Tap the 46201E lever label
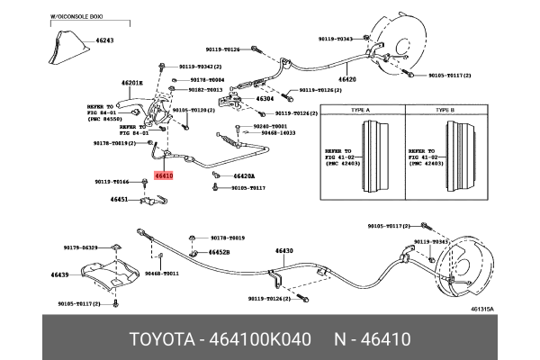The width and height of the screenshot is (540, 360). (131, 83)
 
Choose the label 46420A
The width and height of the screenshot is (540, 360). (244, 176)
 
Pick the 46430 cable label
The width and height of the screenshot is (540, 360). (283, 250)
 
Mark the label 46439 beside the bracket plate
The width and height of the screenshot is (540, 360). (60, 274)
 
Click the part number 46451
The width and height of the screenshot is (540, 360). (120, 199)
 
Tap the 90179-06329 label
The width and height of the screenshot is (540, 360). (80, 247)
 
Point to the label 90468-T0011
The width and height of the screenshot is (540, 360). (162, 273)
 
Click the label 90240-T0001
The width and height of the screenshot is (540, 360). (270, 126)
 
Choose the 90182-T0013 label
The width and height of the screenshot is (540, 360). (206, 90)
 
